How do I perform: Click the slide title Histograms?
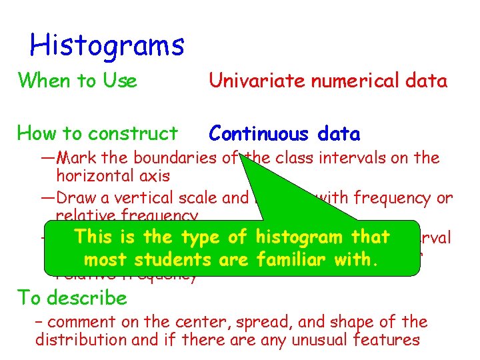[x=107, y=45]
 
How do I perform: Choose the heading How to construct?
[x=97, y=133]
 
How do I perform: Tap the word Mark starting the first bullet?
[x=74, y=158]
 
